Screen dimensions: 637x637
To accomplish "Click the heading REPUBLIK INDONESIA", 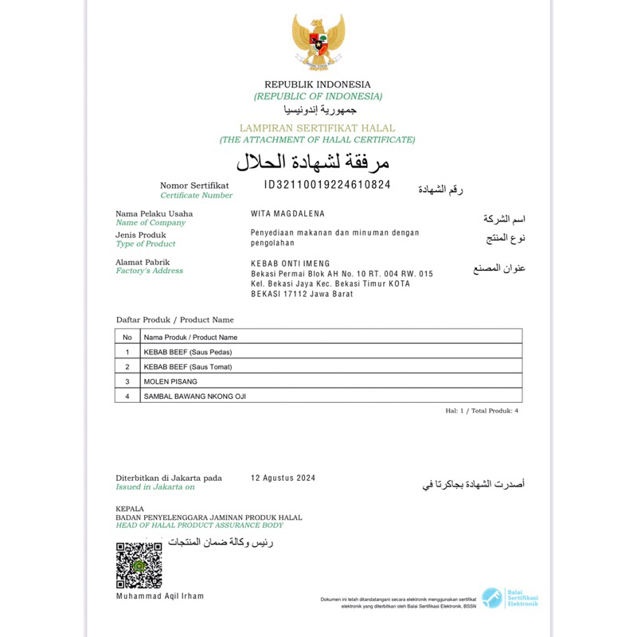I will click(318, 84).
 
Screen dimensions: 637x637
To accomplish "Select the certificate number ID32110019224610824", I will click(327, 185).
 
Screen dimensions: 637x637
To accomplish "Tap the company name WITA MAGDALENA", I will click(287, 213).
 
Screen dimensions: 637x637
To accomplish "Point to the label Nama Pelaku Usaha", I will click(154, 213).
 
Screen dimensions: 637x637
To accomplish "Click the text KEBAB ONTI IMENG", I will click(290, 264).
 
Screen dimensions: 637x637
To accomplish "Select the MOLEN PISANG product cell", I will click(170, 381).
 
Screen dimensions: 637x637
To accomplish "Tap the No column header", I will click(127, 337).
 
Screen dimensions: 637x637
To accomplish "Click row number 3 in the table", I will click(127, 381).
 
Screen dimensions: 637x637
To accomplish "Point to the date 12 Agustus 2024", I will click(283, 478).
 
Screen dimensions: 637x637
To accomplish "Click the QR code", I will click(139, 565).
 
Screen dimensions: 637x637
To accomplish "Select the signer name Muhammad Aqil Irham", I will click(160, 596).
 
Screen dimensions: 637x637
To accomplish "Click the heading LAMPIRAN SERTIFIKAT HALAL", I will click(318, 128).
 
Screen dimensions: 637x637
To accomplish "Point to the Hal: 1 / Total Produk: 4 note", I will click(482, 411).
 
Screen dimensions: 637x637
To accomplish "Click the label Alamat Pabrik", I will click(143, 262).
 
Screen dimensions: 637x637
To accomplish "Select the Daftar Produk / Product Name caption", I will click(175, 319).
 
